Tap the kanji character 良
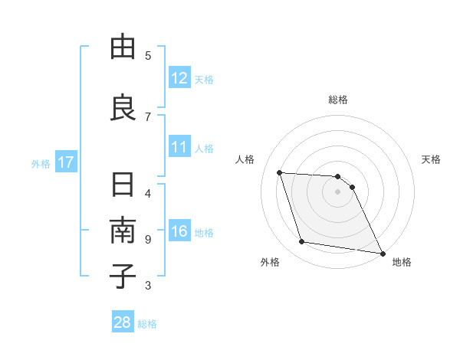(123, 107)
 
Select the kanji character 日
(123, 186)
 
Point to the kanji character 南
(123, 231)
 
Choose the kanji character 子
(123, 276)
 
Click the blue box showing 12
(179, 78)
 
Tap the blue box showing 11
(179, 147)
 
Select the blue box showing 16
(179, 232)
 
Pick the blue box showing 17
(66, 162)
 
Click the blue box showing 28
(123, 322)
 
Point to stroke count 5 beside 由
(148, 55)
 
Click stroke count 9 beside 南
(148, 240)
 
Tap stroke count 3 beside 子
(148, 286)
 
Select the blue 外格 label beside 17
(41, 163)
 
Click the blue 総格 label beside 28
(147, 323)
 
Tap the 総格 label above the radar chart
(338, 100)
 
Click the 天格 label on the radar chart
(432, 159)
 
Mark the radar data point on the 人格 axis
(280, 172)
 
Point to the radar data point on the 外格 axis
(302, 242)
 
